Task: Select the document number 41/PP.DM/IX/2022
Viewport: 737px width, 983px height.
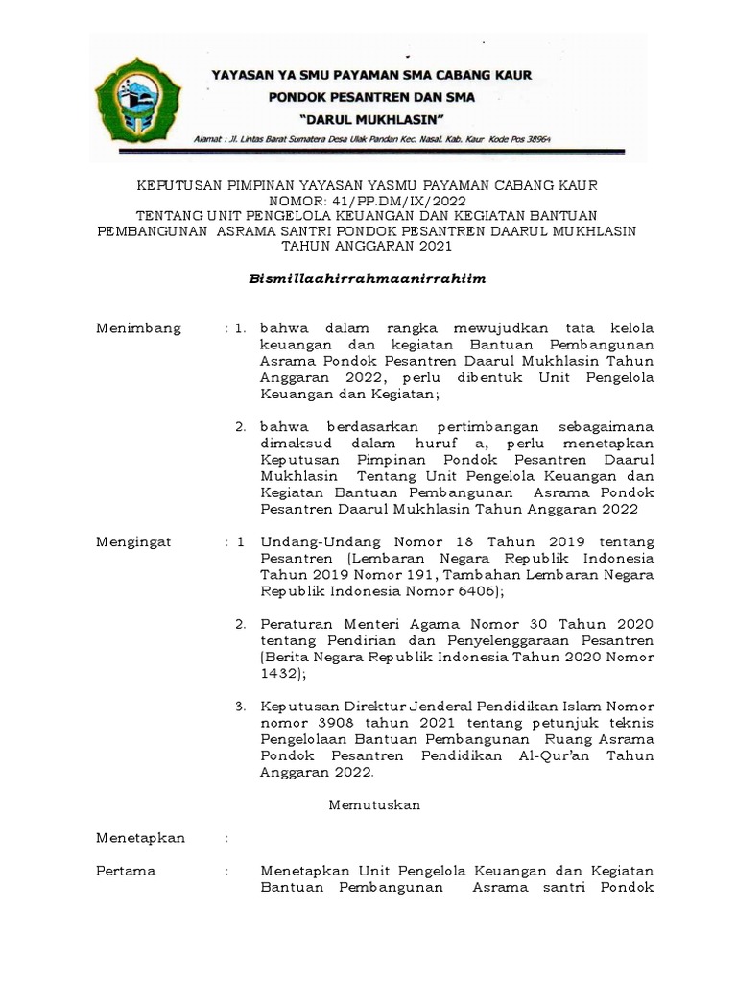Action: point(403,201)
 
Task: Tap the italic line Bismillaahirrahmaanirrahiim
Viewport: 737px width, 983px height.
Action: point(369,278)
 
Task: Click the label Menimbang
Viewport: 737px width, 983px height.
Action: point(138,328)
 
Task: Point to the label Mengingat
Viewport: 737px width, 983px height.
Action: point(133,541)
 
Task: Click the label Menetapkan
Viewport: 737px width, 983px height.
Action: point(140,837)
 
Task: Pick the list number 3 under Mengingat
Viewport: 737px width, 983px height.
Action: point(241,707)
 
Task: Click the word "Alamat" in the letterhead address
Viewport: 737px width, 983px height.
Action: point(210,138)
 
